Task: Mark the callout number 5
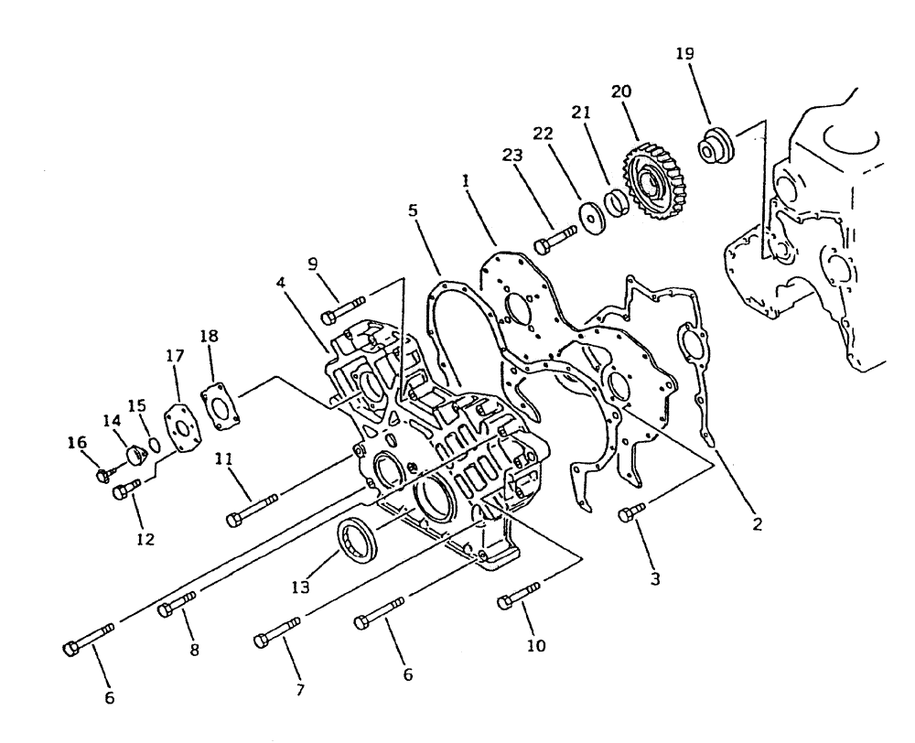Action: pyautogui.click(x=414, y=209)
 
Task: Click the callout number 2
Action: pyautogui.click(x=755, y=527)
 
